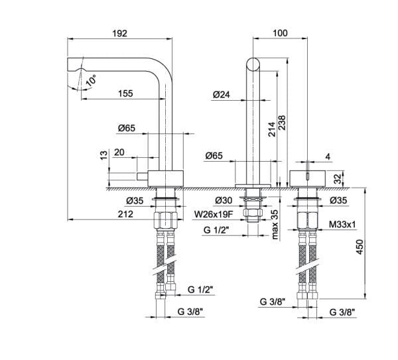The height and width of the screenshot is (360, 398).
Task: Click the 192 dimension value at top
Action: point(119,33)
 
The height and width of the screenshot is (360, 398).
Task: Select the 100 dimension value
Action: point(280,33)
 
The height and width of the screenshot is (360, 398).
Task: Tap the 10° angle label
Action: point(91,80)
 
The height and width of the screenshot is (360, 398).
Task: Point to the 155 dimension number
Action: point(125,93)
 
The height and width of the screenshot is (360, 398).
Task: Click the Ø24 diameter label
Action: point(222,95)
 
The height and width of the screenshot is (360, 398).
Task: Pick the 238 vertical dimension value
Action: point(282,123)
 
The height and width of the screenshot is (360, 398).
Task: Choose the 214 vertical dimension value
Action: point(272,129)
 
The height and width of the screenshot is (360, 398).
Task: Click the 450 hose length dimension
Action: point(360,247)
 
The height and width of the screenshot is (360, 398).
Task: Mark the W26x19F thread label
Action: point(214,214)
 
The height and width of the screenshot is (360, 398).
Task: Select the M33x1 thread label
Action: point(342,224)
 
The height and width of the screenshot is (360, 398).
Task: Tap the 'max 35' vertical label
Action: point(275,225)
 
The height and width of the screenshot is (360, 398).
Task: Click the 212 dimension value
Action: point(125,214)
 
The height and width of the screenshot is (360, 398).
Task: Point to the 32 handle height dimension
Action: point(338,178)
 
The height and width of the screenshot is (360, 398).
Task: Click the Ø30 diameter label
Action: point(224,200)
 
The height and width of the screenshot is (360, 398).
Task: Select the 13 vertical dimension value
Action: point(104,155)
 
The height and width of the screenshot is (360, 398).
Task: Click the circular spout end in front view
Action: point(253,64)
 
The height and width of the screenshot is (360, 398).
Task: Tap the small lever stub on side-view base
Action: point(142,176)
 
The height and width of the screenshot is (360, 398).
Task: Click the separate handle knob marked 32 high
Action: point(307,178)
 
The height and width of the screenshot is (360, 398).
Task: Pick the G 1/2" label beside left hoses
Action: point(200,290)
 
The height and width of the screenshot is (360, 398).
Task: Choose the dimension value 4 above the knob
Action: point(328,156)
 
